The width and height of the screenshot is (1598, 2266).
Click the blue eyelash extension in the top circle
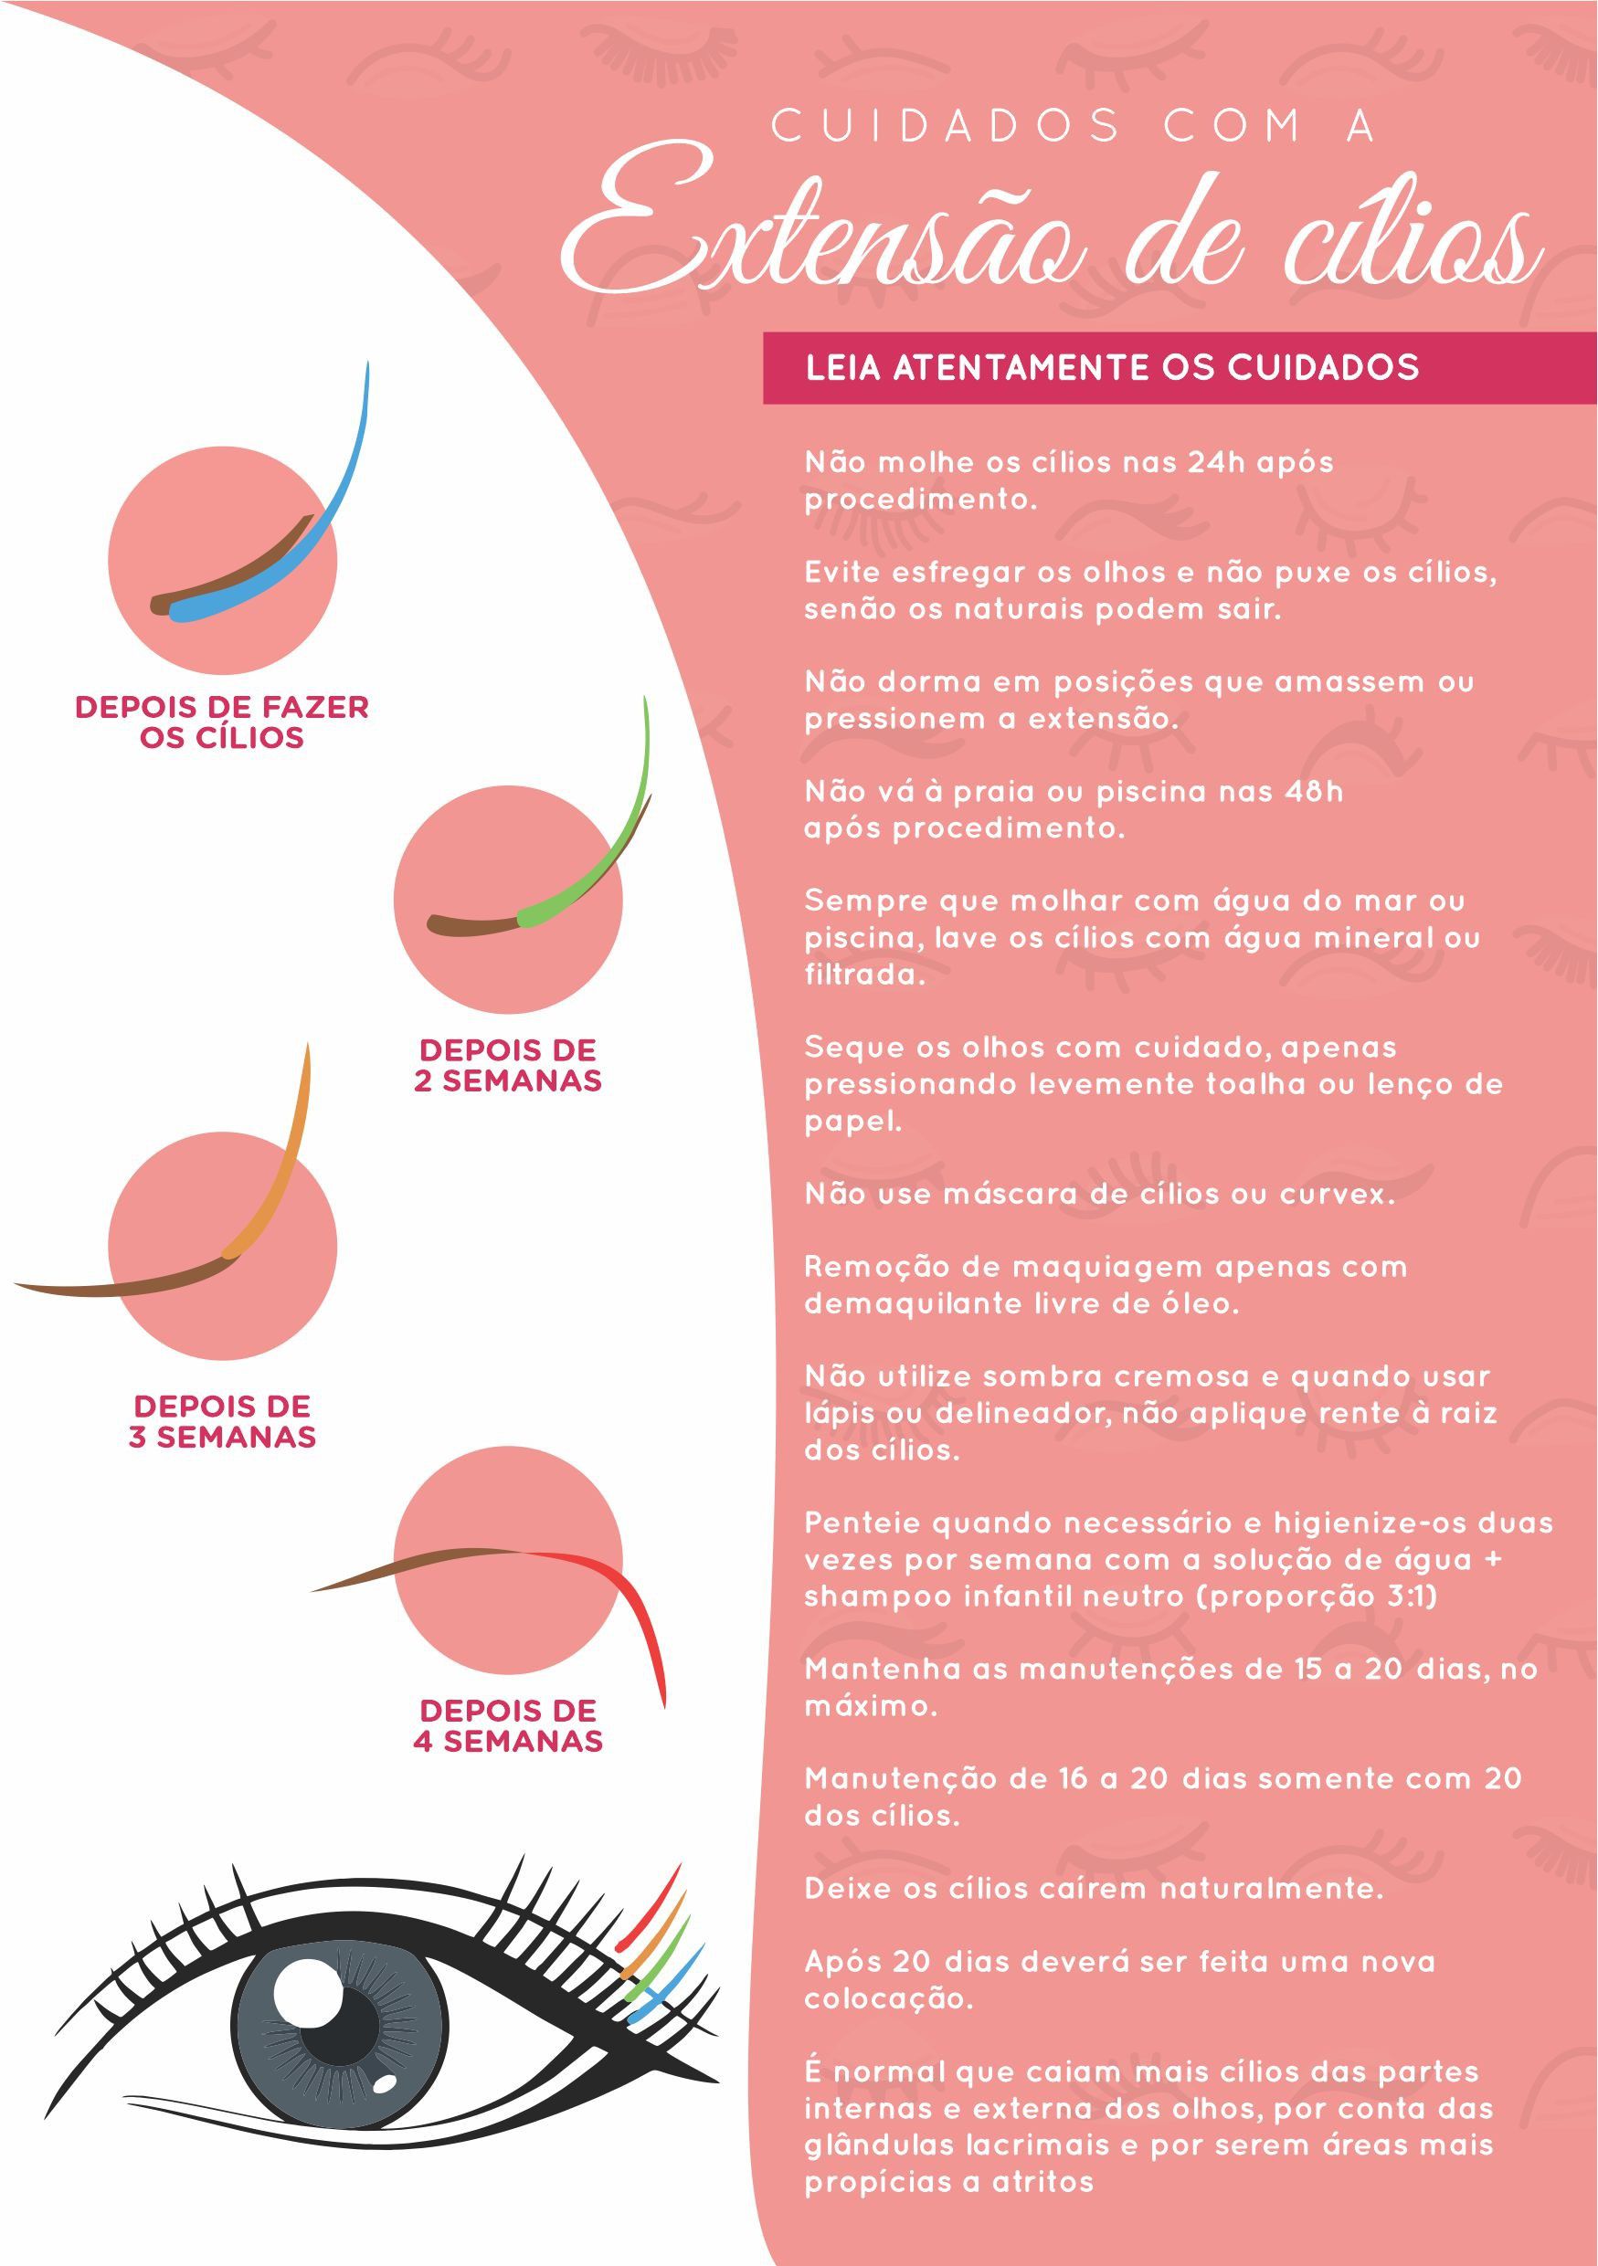point(325,513)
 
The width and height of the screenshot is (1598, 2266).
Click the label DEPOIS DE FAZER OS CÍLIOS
point(222,722)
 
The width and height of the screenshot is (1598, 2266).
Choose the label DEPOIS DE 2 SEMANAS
point(507,1065)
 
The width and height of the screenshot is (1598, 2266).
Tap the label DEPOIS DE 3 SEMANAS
point(222,1421)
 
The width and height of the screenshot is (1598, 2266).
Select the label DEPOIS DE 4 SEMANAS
point(507,1725)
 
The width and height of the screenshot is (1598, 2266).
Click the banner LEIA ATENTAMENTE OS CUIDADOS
point(1111,367)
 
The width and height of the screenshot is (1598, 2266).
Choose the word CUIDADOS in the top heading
point(945,126)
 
